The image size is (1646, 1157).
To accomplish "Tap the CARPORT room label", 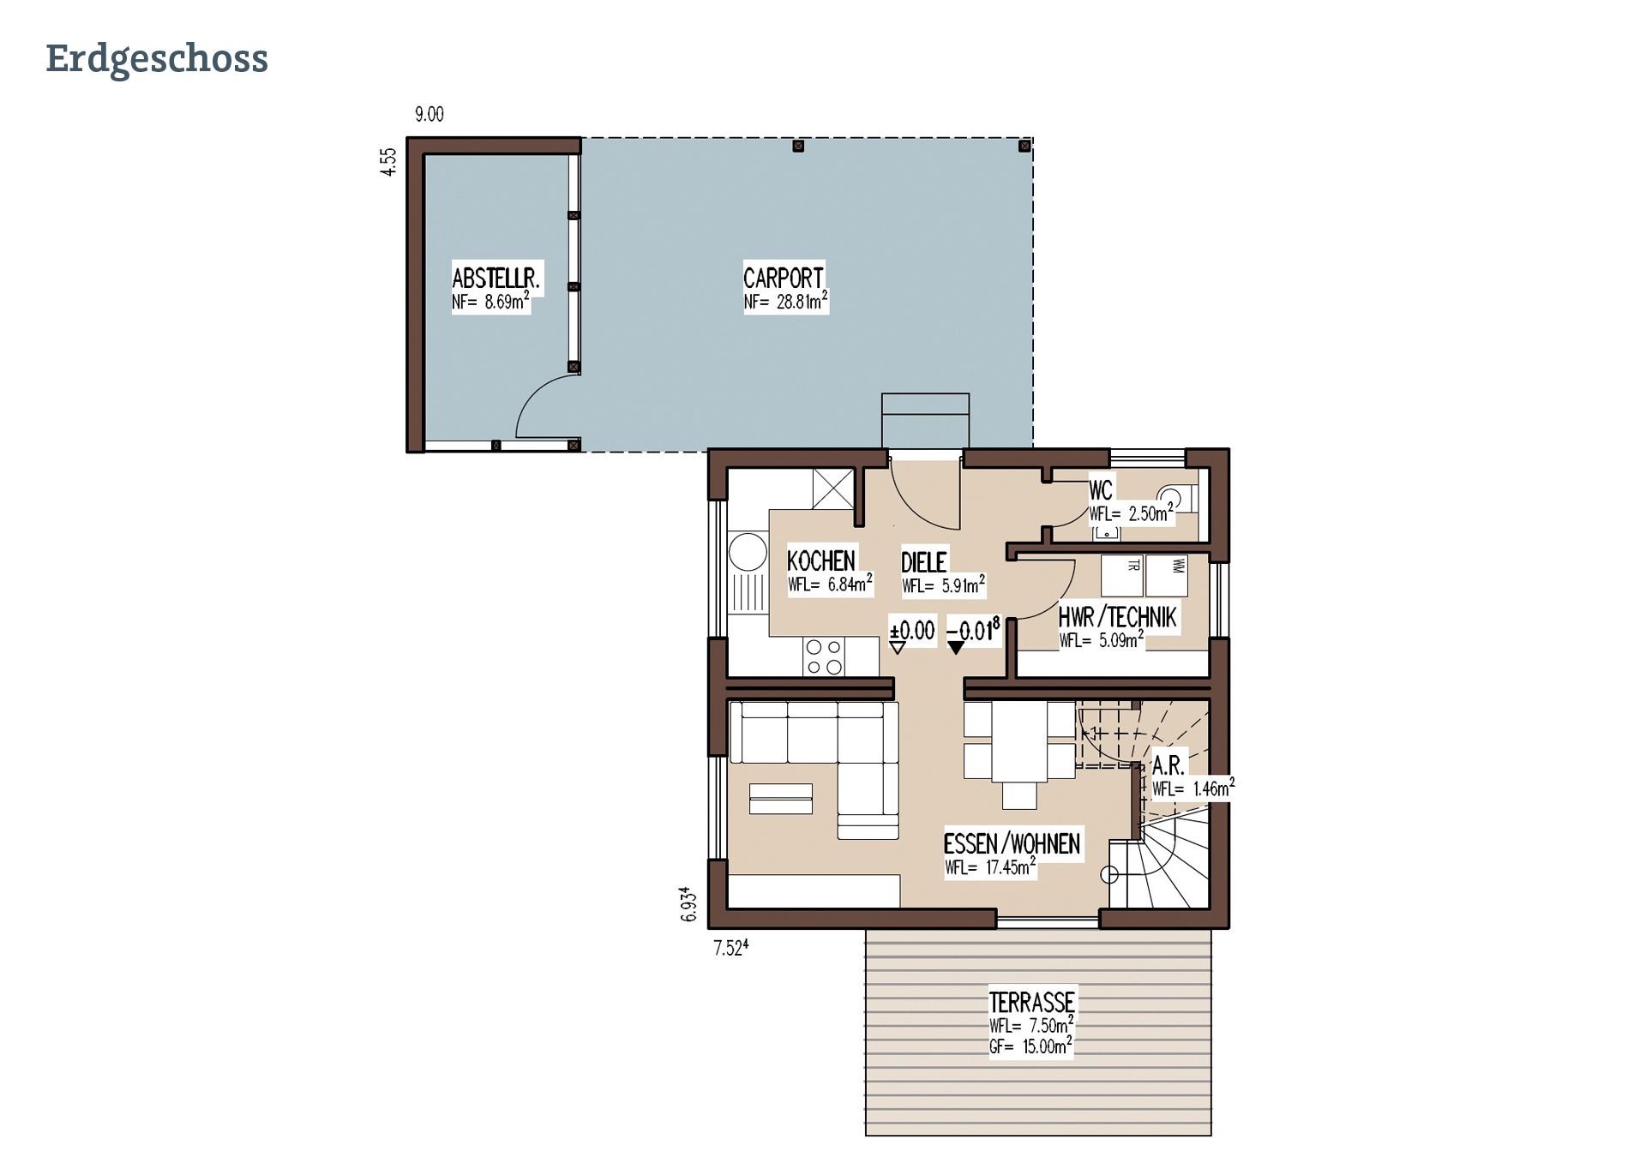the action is click(783, 278).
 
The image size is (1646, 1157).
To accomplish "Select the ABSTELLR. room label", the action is click(496, 278).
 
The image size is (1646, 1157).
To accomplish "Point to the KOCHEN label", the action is click(821, 561).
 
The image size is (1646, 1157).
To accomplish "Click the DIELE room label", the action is click(923, 561).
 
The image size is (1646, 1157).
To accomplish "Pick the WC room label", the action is click(1101, 490).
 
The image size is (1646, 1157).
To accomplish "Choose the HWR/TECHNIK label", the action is click(1117, 616).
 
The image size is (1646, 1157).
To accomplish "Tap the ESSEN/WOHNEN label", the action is click(1012, 843).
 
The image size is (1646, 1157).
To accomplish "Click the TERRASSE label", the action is click(1031, 1002).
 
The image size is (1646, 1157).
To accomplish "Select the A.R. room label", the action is click(1168, 765).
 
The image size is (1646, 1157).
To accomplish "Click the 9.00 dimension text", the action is click(429, 114).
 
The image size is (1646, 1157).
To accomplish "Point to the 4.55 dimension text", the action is click(389, 162).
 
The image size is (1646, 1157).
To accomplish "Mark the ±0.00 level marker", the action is click(912, 632).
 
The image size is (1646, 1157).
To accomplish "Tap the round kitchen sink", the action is click(748, 552).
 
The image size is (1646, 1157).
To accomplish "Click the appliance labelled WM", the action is click(1167, 576).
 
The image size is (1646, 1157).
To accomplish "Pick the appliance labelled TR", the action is click(1122, 576).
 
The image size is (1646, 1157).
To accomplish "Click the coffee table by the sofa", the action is click(781, 799).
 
